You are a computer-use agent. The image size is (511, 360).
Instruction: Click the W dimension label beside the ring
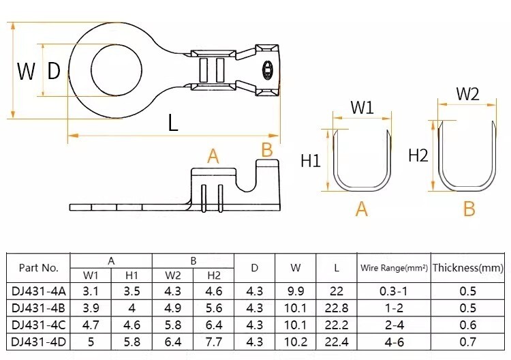tap(26, 71)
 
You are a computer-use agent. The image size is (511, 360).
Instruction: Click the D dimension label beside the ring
tap(54, 71)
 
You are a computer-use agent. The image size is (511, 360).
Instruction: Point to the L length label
tap(173, 123)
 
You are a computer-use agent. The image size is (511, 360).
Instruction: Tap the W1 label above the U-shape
tap(362, 107)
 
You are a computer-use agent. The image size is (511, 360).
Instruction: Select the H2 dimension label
tap(418, 155)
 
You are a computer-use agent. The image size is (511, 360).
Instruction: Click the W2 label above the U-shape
tap(467, 94)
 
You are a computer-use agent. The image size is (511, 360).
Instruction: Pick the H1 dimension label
tap(311, 160)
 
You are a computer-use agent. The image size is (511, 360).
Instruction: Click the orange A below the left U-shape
tap(361, 209)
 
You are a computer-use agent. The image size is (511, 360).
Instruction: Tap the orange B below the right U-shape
tap(469, 209)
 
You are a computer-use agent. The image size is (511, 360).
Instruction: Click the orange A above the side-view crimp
tap(213, 156)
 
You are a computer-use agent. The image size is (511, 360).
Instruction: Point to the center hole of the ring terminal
tap(117, 69)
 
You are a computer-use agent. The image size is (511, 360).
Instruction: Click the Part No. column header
tap(38, 268)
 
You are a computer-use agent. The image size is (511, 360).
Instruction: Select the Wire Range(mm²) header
tap(394, 268)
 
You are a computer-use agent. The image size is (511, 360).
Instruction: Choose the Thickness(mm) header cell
tap(467, 268)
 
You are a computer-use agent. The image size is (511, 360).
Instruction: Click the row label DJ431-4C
tap(38, 325)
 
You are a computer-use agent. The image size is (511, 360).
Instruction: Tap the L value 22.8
tap(337, 307)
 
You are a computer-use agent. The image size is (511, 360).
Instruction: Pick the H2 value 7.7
tap(214, 342)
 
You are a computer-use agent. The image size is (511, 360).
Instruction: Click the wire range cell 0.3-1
tap(394, 291)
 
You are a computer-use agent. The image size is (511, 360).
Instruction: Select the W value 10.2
tap(296, 342)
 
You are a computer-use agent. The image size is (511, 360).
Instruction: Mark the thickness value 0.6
tap(467, 325)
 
